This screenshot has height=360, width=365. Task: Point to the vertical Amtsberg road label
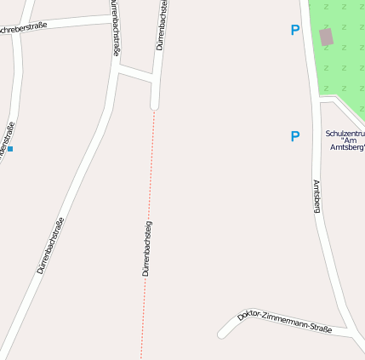[x=317, y=195]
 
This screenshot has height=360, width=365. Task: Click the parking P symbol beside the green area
[x=295, y=31]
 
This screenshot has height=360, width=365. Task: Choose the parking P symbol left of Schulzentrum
[x=295, y=136]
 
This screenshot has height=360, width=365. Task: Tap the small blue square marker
[x=10, y=149]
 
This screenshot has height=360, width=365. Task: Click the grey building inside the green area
[x=327, y=37]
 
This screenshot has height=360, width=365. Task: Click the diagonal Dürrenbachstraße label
[x=50, y=245]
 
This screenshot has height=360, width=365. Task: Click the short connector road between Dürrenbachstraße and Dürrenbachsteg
[x=136, y=75]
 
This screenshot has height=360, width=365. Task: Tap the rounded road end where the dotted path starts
[x=155, y=106]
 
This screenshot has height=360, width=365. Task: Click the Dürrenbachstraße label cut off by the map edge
[x=115, y=27]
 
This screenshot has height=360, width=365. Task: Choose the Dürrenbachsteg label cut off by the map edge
[x=161, y=26]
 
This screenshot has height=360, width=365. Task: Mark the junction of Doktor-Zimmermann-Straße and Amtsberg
[x=350, y=330]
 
